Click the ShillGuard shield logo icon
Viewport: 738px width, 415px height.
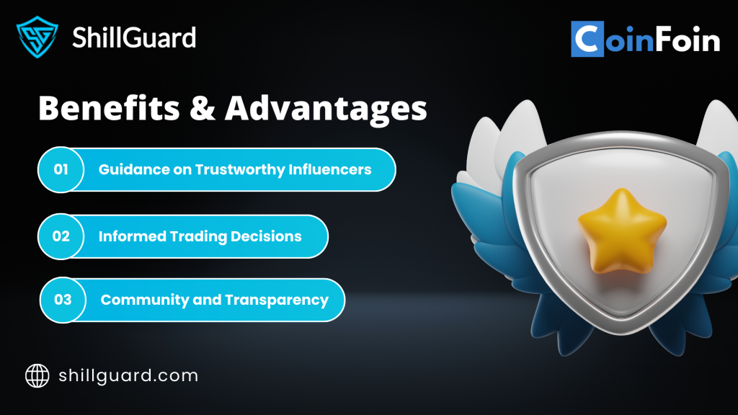point(37,37)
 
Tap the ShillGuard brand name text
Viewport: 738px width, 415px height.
point(134,37)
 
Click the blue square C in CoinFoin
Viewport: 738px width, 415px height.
point(587,39)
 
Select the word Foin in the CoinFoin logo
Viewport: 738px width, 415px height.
point(688,40)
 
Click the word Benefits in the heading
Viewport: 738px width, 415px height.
point(109,108)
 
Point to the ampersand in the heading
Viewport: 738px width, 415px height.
point(203,109)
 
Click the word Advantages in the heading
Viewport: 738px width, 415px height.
point(326,110)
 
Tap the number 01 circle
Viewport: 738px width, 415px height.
point(61,169)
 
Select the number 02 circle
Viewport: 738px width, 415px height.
point(61,236)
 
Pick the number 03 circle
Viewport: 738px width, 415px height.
point(63,300)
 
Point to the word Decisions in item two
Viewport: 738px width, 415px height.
point(266,236)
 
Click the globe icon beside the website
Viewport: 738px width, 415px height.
point(37,375)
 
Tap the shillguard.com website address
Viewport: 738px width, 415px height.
point(128,376)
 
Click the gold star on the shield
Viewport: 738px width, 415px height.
point(622,231)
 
